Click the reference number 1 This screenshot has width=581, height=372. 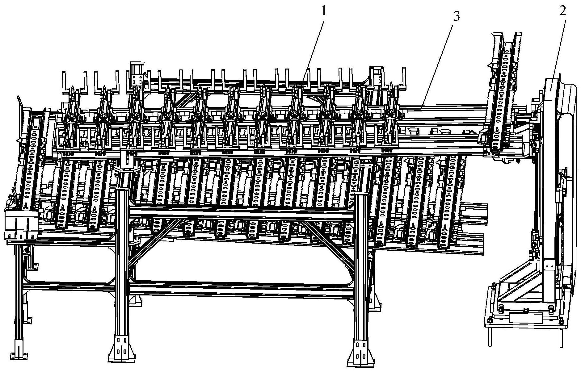[323, 12]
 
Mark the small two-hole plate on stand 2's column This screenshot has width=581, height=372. [547, 265]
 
